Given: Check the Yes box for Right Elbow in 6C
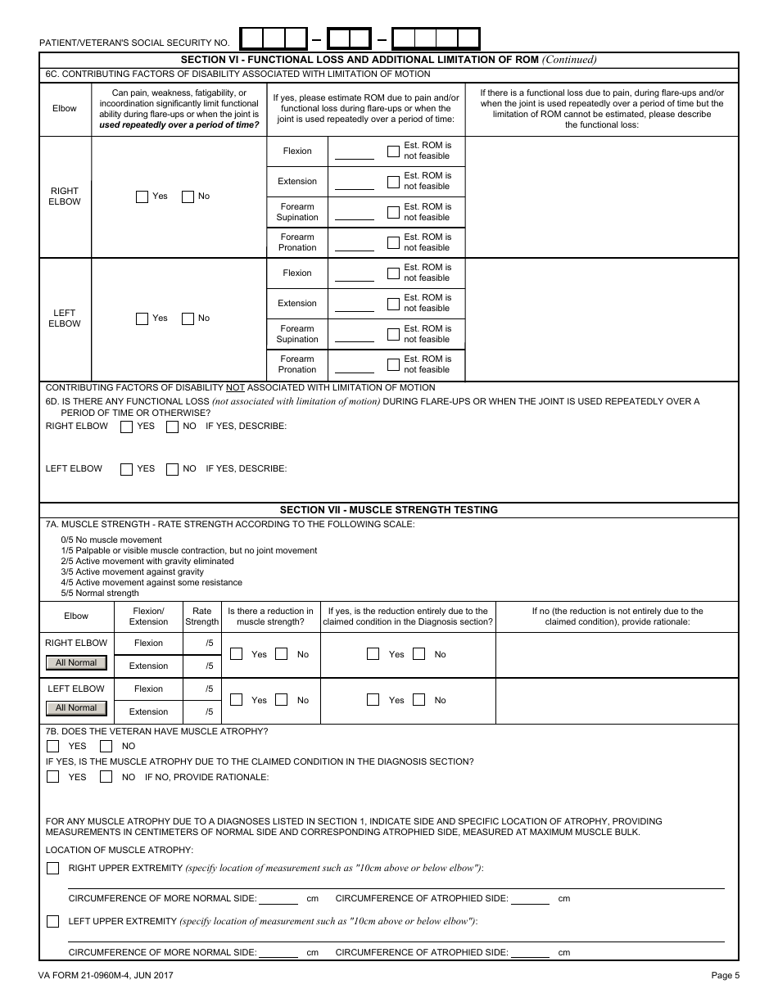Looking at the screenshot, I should point(142,196).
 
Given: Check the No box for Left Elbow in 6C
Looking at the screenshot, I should point(188,318).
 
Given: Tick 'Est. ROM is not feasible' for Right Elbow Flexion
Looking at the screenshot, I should point(393,151).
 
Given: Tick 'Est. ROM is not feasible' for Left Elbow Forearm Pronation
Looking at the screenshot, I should point(393,364).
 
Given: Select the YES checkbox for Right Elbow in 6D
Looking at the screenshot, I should point(127,427).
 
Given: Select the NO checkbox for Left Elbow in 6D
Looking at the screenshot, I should point(172,469).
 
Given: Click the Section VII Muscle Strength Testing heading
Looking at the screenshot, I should point(389,510).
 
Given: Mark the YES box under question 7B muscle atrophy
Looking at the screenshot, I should point(53,747).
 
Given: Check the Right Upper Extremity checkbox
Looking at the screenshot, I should point(53,869).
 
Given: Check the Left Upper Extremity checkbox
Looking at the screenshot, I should point(53,922).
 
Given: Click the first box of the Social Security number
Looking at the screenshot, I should point(252,38).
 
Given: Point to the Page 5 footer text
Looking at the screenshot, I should point(725,975).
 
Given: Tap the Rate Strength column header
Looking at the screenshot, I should point(201,616).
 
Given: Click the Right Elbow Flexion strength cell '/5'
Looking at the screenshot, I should point(209,643).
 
